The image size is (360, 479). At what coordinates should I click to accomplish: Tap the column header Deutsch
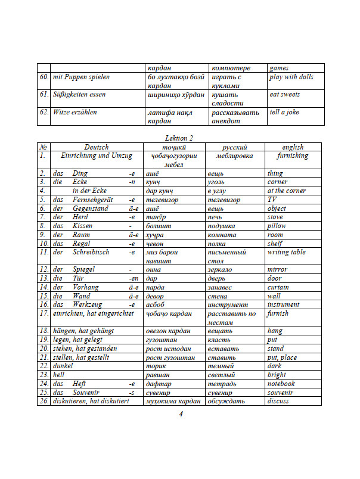(96, 147)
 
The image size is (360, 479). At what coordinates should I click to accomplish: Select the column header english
(293, 147)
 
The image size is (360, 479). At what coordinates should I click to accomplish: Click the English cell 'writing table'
(286, 252)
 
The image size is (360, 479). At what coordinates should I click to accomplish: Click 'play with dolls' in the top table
(291, 77)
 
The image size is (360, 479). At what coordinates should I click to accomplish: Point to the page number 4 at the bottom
(180, 415)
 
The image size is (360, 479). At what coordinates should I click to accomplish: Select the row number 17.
(44, 313)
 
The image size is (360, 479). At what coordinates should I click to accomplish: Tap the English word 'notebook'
(281, 384)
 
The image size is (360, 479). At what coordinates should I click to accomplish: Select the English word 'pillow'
(277, 226)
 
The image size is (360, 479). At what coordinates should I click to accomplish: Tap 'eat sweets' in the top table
(284, 95)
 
